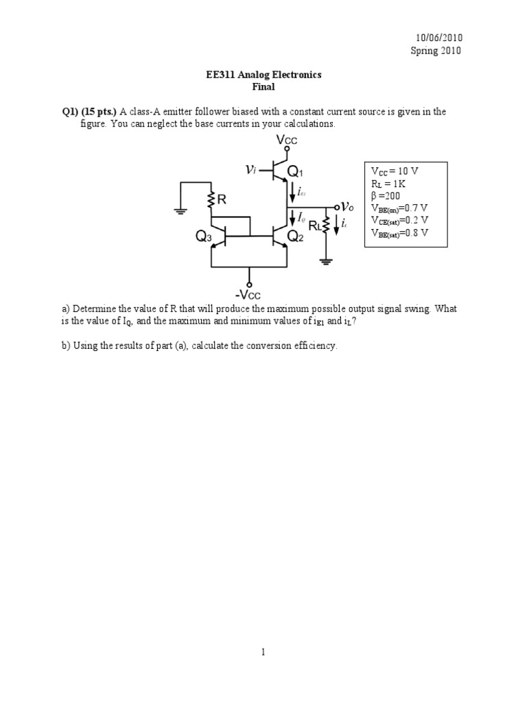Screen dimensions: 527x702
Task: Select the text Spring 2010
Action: point(436,50)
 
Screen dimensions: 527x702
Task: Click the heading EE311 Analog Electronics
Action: point(263,75)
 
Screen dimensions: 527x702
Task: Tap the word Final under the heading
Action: point(263,87)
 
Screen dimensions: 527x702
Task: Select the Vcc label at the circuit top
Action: point(286,141)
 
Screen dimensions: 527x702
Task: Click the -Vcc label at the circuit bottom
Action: point(250,296)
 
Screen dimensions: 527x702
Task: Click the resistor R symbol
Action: point(213,199)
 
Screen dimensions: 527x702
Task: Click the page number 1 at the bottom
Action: point(263,652)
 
